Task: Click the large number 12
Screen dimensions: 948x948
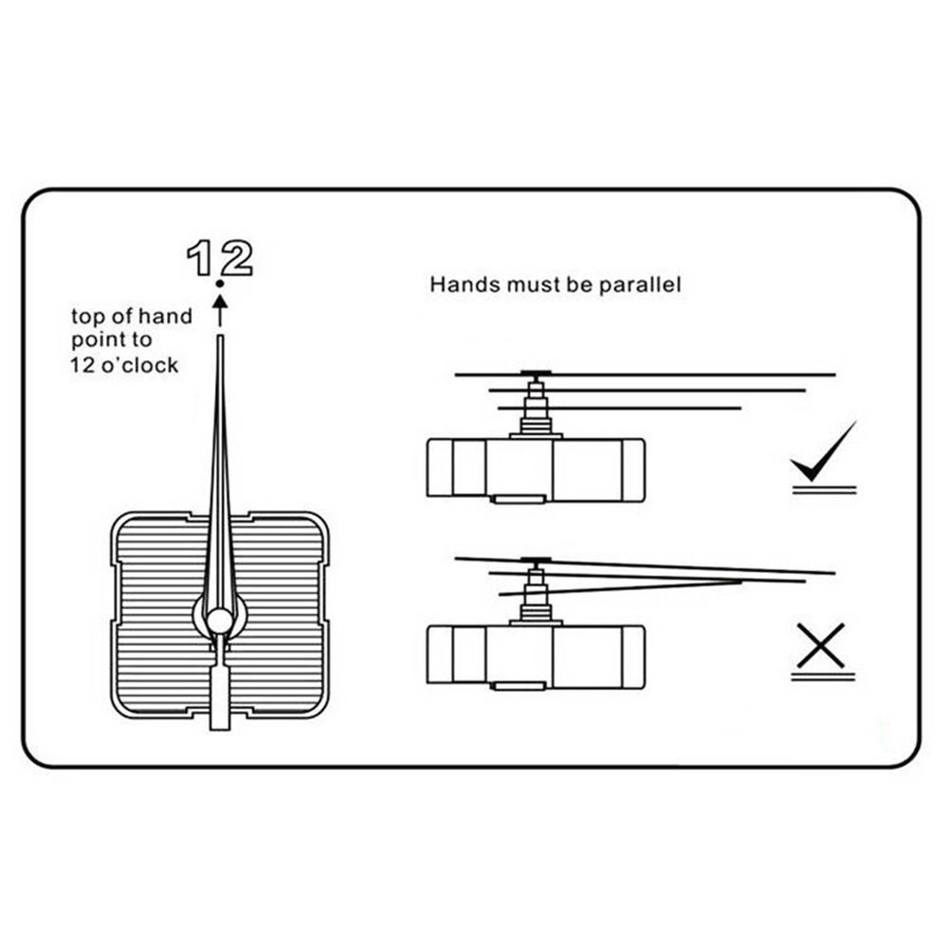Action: pos(220,257)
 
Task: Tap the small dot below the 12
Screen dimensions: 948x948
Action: pos(220,283)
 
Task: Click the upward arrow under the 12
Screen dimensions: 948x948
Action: pos(220,308)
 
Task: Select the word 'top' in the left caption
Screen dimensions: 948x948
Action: pos(88,317)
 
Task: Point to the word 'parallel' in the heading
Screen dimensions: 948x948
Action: pos(639,284)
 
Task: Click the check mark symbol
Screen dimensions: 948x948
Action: pos(822,454)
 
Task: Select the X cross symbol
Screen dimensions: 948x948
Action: pos(821,645)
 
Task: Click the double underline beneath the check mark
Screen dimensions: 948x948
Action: pos(824,489)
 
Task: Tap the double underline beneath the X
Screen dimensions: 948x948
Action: pos(823,677)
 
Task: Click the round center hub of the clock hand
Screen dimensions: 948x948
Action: pos(220,620)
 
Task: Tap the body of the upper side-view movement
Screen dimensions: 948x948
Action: pos(536,468)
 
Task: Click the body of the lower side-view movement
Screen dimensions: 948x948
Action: pos(536,656)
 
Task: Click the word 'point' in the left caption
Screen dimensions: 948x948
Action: pos(98,341)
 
